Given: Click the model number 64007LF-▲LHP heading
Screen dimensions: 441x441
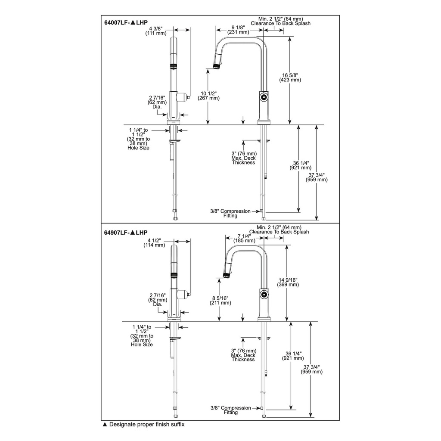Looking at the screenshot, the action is point(126,22).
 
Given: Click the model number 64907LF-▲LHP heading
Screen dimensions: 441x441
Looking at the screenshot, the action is point(126,233).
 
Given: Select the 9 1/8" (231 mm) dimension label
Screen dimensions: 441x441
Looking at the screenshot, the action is point(238,30).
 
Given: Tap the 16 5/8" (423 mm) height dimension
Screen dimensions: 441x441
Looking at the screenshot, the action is point(290,78).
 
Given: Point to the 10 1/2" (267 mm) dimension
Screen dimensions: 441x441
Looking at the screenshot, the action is point(208,96).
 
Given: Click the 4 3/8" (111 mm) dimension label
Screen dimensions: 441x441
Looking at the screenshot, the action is point(156,31).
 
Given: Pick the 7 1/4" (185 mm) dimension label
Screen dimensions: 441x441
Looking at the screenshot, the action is point(245,238).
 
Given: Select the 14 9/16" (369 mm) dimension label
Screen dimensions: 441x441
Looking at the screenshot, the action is point(288,282).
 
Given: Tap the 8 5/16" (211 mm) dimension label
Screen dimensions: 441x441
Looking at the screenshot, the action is point(220,300).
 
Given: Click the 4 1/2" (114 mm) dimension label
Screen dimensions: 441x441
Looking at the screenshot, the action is point(154,243).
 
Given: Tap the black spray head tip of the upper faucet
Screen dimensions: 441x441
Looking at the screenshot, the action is point(217,66).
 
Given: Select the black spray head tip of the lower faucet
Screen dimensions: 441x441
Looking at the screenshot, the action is point(226,275).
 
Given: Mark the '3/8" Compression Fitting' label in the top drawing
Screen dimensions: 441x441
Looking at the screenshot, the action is point(230,213).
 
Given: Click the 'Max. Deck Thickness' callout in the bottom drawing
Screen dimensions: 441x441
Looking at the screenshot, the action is point(244,357).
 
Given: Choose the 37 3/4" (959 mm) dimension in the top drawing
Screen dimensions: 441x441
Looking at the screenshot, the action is point(317,177).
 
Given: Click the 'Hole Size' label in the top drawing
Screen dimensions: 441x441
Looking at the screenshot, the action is point(138,148).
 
